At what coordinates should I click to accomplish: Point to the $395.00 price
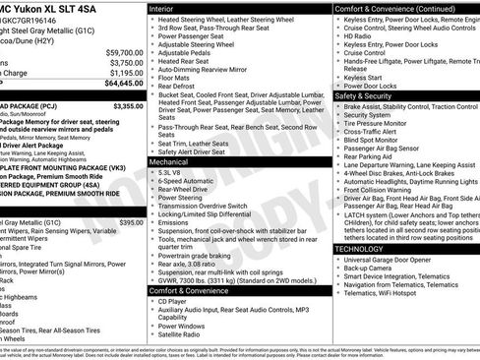click(130, 223)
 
